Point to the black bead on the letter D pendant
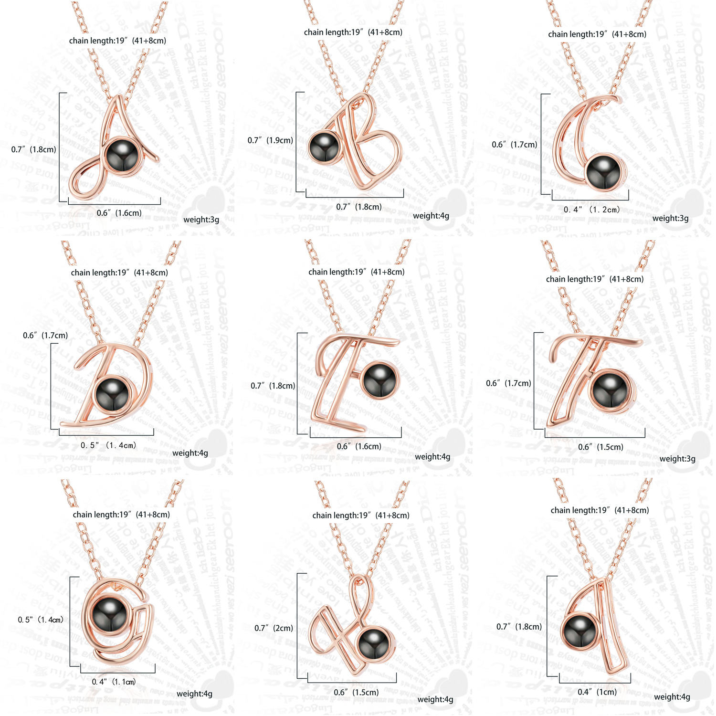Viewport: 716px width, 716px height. coord(113,393)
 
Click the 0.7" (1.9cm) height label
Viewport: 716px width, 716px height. coord(270,140)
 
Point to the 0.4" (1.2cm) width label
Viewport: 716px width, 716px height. coord(591,210)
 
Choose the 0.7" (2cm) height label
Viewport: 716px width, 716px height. coord(274,628)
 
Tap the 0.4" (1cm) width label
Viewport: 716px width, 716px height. coord(597,692)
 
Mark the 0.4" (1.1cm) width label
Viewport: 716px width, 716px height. coord(114,682)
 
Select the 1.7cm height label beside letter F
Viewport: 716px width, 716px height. coord(508,383)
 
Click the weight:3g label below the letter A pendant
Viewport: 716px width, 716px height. coord(201,220)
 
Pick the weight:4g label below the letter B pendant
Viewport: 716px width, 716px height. coord(431,216)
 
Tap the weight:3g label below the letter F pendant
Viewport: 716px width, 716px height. coord(677,459)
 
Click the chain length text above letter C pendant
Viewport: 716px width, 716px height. coord(597,34)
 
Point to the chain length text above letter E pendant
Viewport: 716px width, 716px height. coord(356,272)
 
